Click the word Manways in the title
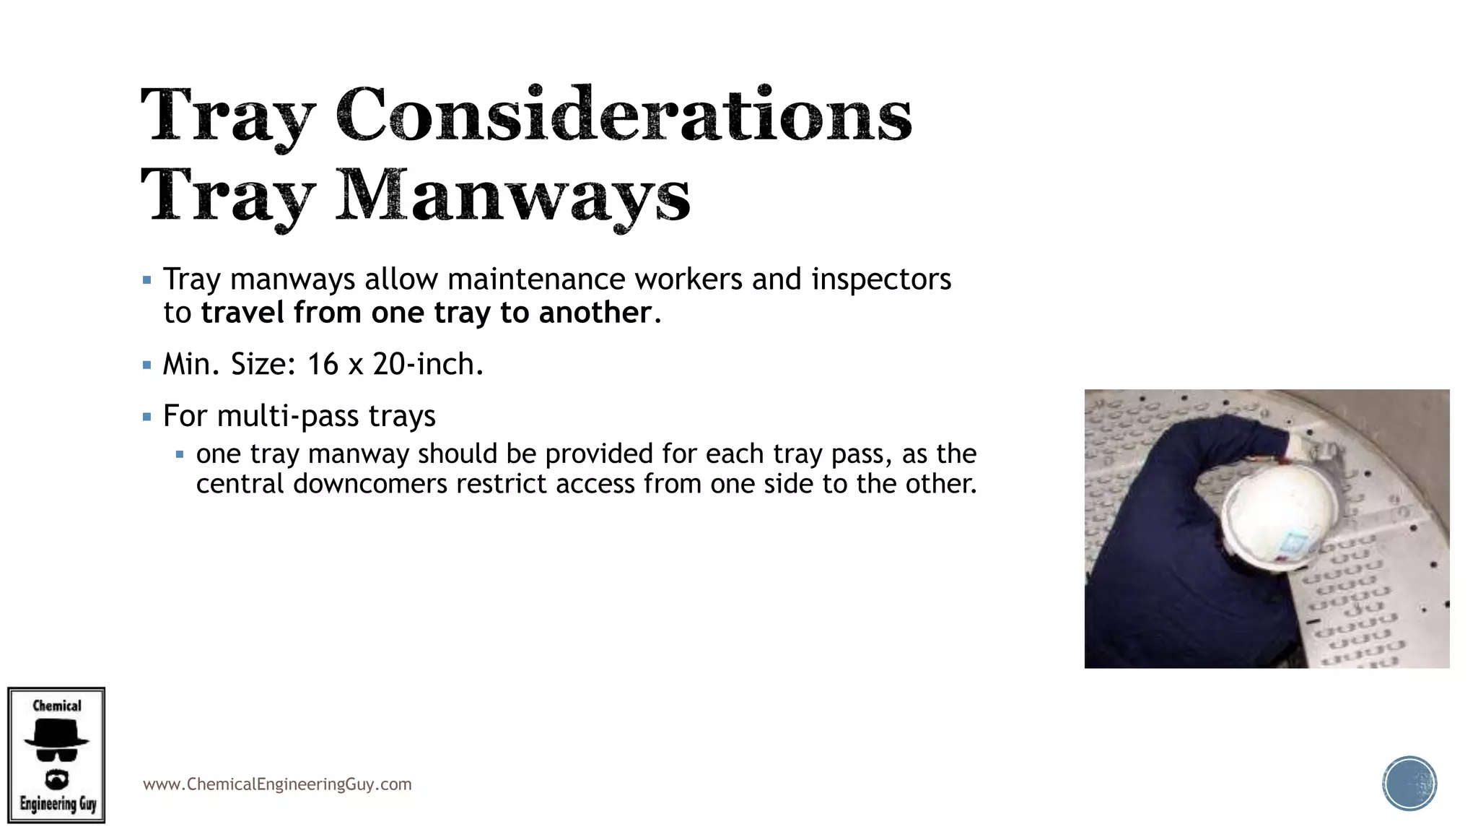[x=512, y=195]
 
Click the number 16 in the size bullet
[x=323, y=365]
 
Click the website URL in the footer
[x=277, y=784]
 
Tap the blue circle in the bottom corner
[x=1409, y=784]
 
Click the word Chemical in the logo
[x=57, y=706]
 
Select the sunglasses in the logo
[x=56, y=755]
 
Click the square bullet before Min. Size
[x=147, y=365]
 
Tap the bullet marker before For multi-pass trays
[x=147, y=417]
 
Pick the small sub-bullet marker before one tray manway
[x=180, y=455]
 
